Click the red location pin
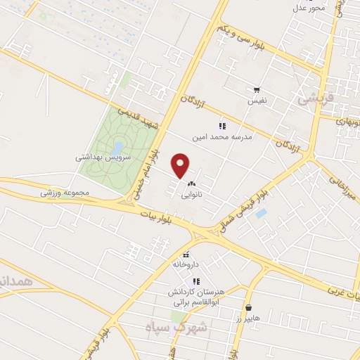click(181, 165)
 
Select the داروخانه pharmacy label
click(186, 265)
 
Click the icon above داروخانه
click(186, 255)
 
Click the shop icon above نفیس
click(257, 90)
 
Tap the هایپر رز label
click(248, 318)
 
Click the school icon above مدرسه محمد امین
click(222, 127)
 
